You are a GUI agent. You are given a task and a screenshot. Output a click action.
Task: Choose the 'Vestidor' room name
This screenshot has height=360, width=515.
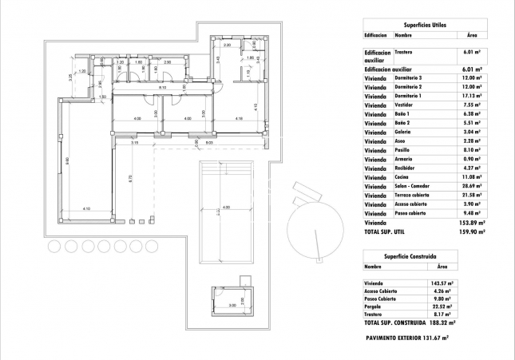click(x=405, y=105)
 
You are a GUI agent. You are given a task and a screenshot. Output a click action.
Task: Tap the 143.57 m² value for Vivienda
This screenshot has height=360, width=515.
click(x=442, y=283)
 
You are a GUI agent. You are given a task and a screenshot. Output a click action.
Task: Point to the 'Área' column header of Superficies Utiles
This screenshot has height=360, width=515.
click(x=471, y=35)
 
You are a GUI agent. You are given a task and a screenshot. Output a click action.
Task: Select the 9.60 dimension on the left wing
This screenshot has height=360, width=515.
click(x=68, y=160)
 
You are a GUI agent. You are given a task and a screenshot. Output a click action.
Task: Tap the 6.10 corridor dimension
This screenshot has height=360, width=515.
click(x=161, y=87)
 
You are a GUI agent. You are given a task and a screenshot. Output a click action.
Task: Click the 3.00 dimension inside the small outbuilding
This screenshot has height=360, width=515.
click(x=232, y=306)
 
